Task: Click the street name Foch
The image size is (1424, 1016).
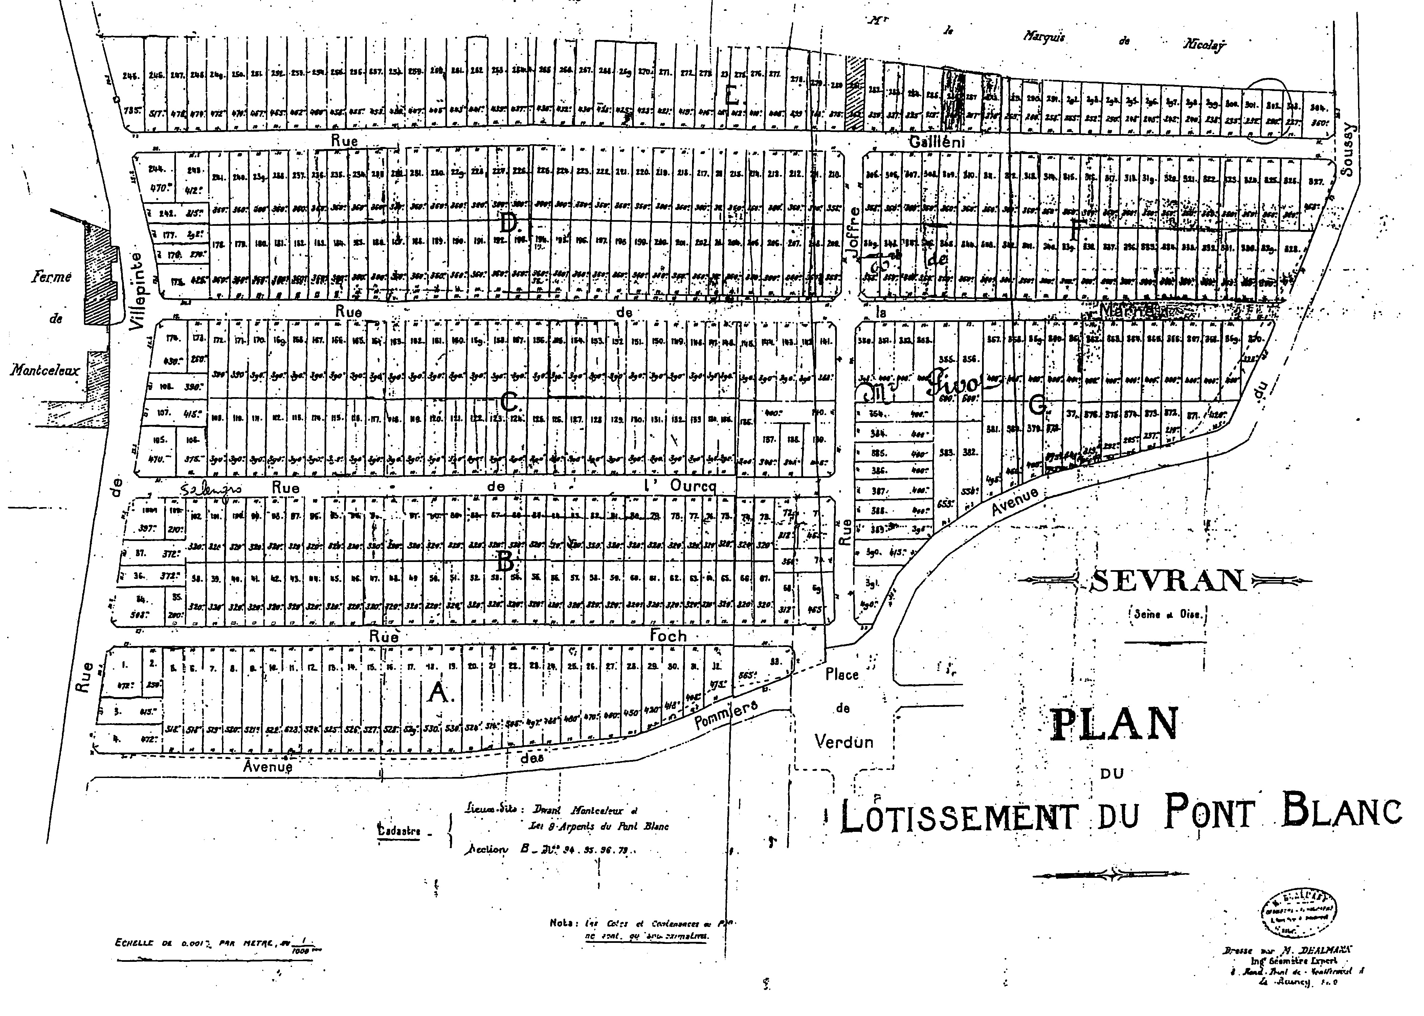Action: [668, 637]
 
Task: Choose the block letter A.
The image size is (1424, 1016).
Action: [438, 693]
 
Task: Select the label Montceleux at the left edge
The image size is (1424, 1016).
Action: [45, 370]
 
